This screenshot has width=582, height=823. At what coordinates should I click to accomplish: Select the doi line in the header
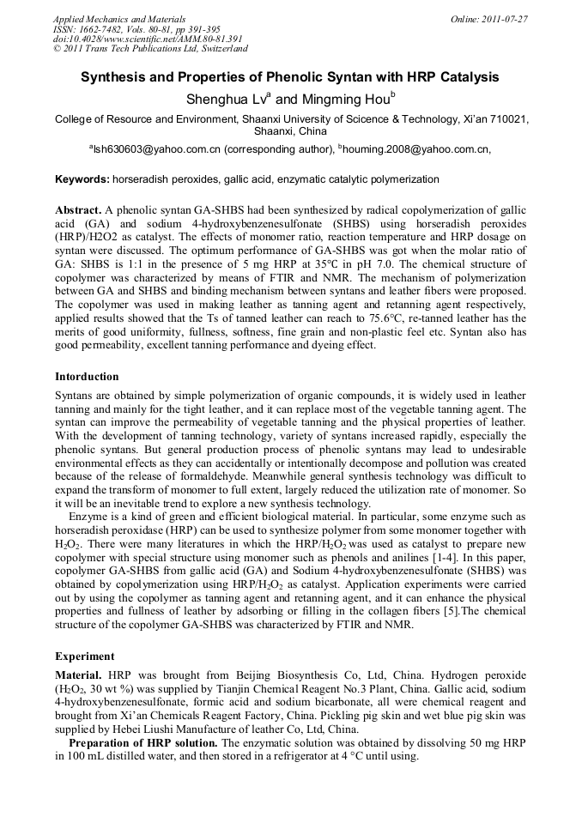[x=147, y=39]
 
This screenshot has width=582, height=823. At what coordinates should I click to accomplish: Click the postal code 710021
[x=506, y=119]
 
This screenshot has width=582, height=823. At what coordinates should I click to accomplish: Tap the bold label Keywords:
[x=82, y=179]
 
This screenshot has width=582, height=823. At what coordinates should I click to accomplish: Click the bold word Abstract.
[x=78, y=210]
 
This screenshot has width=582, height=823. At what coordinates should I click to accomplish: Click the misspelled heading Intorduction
[x=87, y=376]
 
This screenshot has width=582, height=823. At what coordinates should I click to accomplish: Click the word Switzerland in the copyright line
[x=219, y=49]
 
